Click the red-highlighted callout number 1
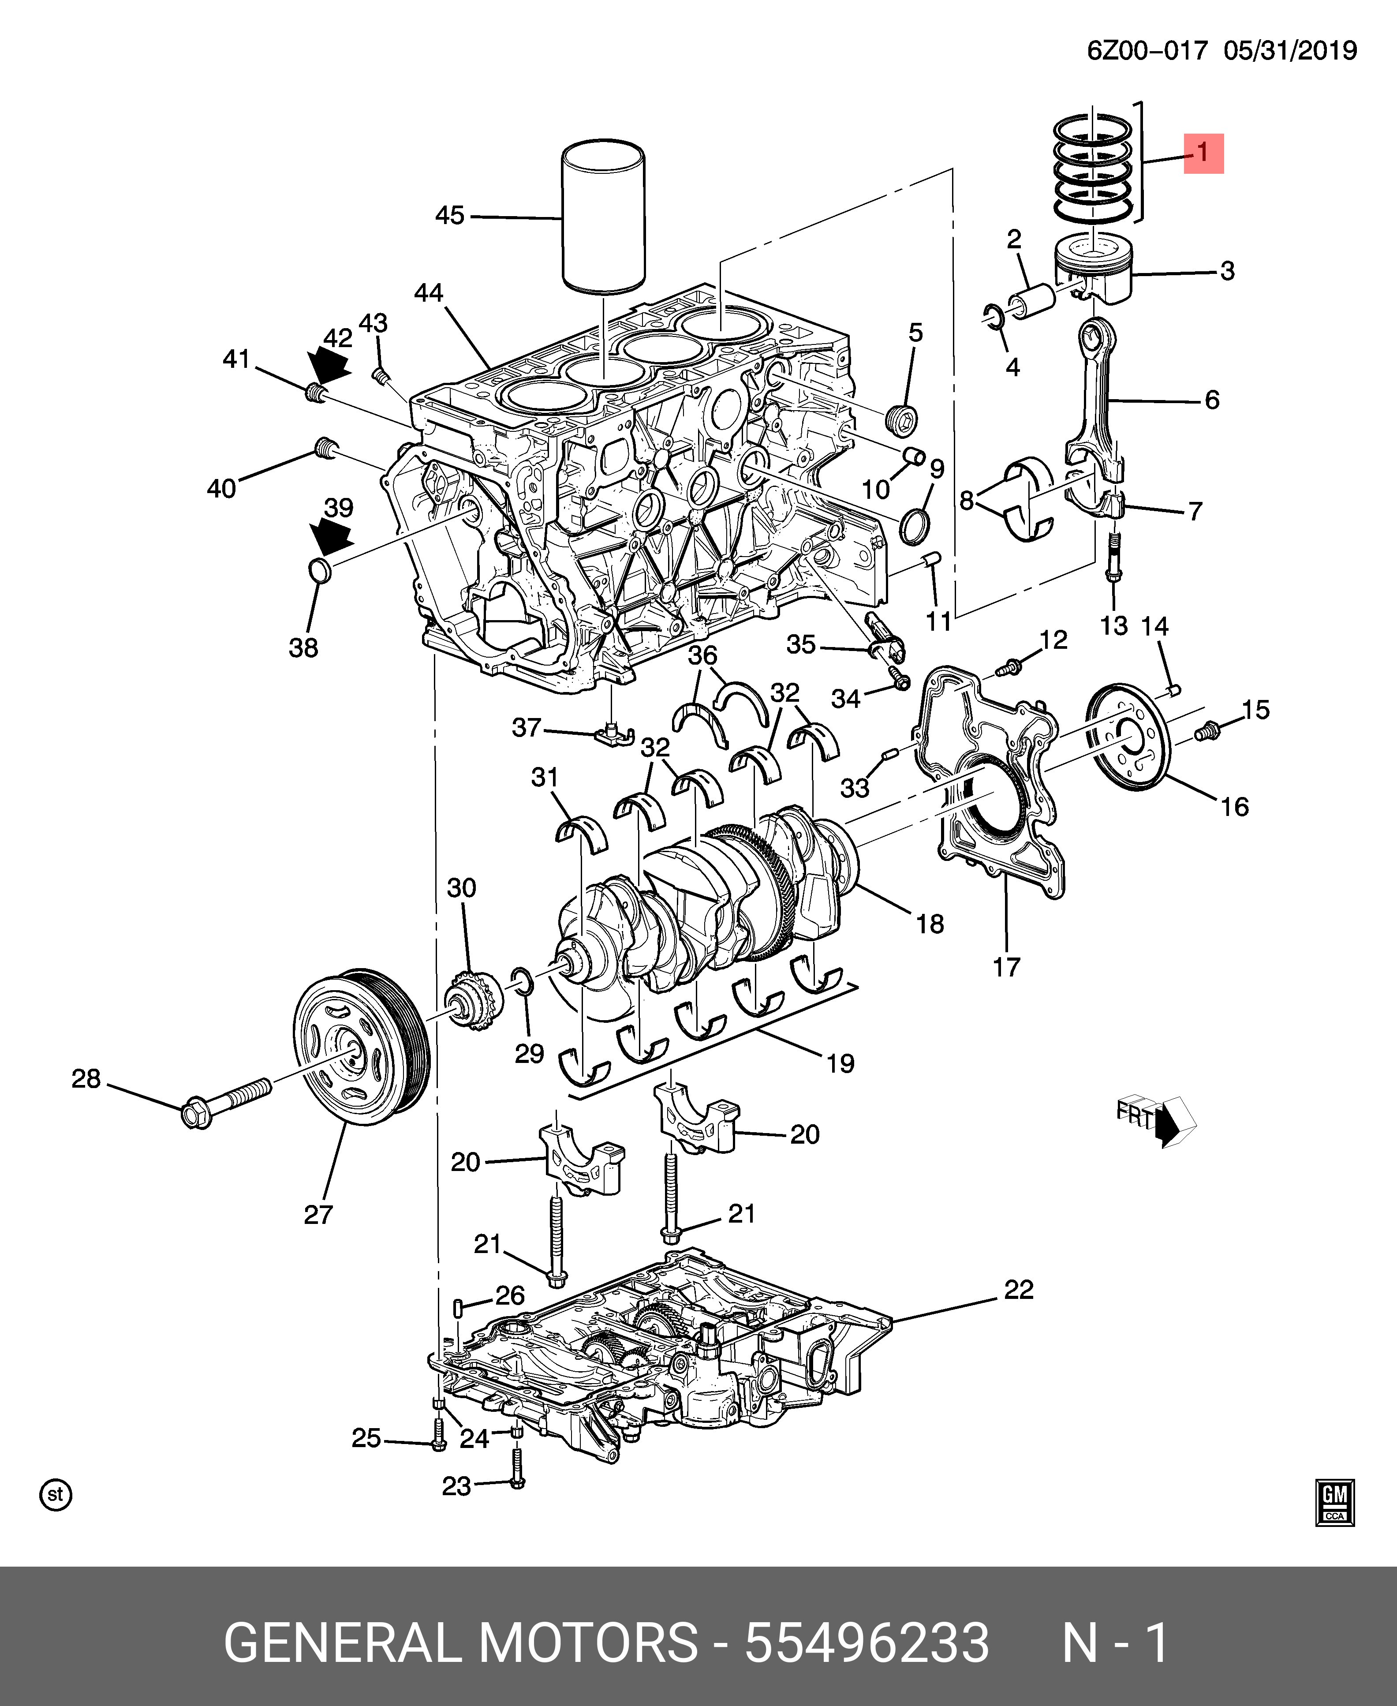[x=1202, y=153]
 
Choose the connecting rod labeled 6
[x=1094, y=402]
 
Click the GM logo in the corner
[x=1335, y=1502]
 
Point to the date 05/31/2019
[x=1290, y=51]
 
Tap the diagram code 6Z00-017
[x=1147, y=51]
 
